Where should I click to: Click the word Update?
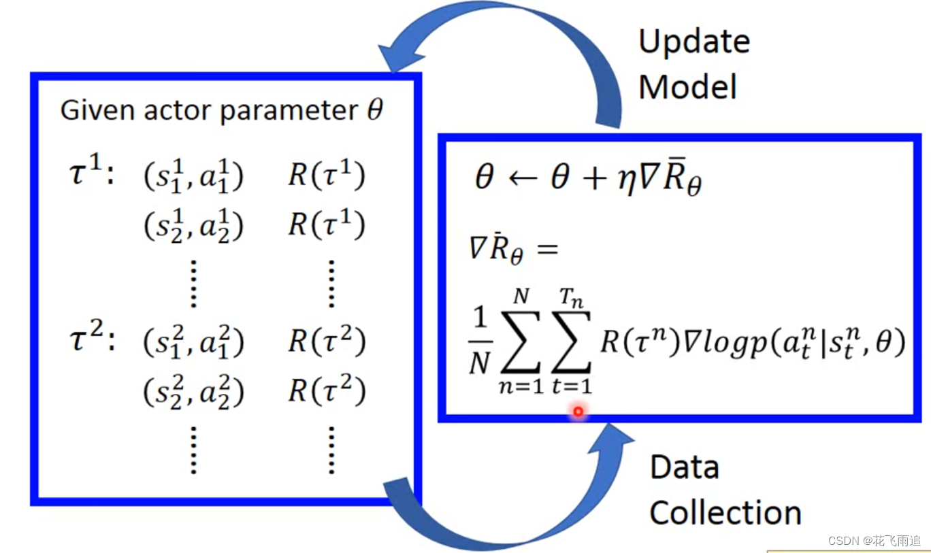tap(694, 43)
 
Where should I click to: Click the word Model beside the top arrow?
tap(687, 88)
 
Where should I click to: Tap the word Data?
tap(684, 467)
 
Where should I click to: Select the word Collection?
tap(725, 513)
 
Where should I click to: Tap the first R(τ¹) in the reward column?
tap(327, 175)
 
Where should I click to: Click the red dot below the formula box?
tap(578, 411)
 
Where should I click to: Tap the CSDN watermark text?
tap(874, 541)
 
